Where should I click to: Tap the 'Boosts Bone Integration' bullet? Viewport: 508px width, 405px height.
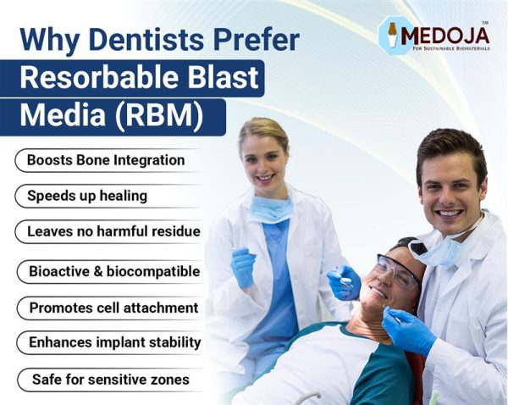tap(106, 159)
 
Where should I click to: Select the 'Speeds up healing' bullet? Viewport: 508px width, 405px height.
tap(87, 196)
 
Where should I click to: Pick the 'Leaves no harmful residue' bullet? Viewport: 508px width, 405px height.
tap(113, 230)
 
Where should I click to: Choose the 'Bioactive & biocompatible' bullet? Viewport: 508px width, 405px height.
tap(114, 272)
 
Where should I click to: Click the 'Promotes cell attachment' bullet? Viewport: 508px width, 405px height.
tap(113, 308)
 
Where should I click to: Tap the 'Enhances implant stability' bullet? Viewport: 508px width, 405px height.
tap(114, 342)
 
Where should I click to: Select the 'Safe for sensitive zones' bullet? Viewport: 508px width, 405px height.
tap(111, 379)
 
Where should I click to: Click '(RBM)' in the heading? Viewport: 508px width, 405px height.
tap(160, 116)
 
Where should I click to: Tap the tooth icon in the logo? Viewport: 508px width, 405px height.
tap(393, 35)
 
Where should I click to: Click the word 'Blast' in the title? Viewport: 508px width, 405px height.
tap(226, 78)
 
